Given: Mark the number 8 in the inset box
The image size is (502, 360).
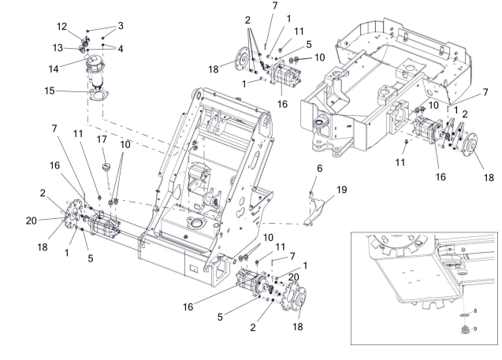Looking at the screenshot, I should tap(475, 311).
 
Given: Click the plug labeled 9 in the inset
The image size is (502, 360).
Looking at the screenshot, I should tap(463, 329).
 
